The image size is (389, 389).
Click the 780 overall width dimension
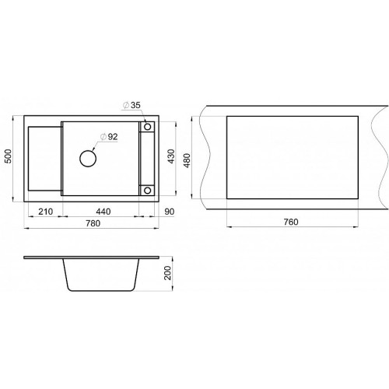tap(93, 223)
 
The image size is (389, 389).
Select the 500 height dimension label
tap(9, 156)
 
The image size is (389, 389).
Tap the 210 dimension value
tap(46, 212)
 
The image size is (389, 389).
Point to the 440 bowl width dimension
tap(103, 212)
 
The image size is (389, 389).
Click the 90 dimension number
tap(170, 212)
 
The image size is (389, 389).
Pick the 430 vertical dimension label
tap(171, 156)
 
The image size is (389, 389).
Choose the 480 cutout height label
tap(187, 160)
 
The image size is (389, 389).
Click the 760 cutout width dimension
tap(291, 222)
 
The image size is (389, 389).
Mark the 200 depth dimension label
tap(168, 273)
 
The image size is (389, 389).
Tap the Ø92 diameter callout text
tap(109, 137)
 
